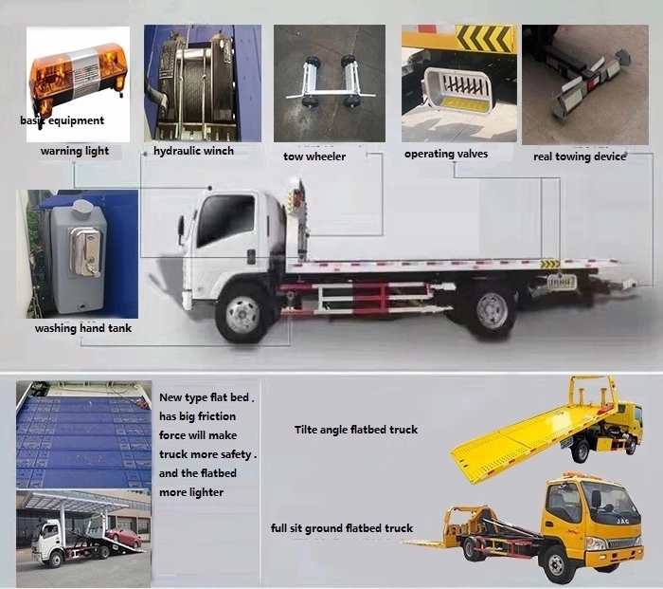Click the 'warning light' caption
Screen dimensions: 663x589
(x=75, y=151)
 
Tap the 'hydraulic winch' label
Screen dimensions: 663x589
(x=193, y=151)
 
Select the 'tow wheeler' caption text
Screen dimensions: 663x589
(x=314, y=156)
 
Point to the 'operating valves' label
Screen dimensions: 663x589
(x=446, y=154)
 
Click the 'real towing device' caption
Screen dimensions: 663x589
(x=580, y=156)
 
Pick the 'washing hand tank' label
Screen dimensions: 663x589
(x=83, y=328)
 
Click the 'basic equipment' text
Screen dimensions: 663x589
(x=63, y=120)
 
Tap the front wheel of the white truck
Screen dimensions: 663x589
(x=243, y=314)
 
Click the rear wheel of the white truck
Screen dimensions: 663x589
(x=493, y=310)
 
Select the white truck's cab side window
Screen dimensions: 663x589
(x=226, y=219)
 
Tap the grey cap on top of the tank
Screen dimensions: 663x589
(x=81, y=208)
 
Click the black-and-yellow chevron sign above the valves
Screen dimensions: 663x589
(x=484, y=39)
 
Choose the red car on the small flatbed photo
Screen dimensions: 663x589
(x=124, y=538)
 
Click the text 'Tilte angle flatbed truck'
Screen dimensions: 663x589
(x=356, y=430)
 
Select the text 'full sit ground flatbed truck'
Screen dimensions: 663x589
(x=342, y=528)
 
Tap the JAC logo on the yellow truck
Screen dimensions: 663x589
(x=622, y=522)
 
